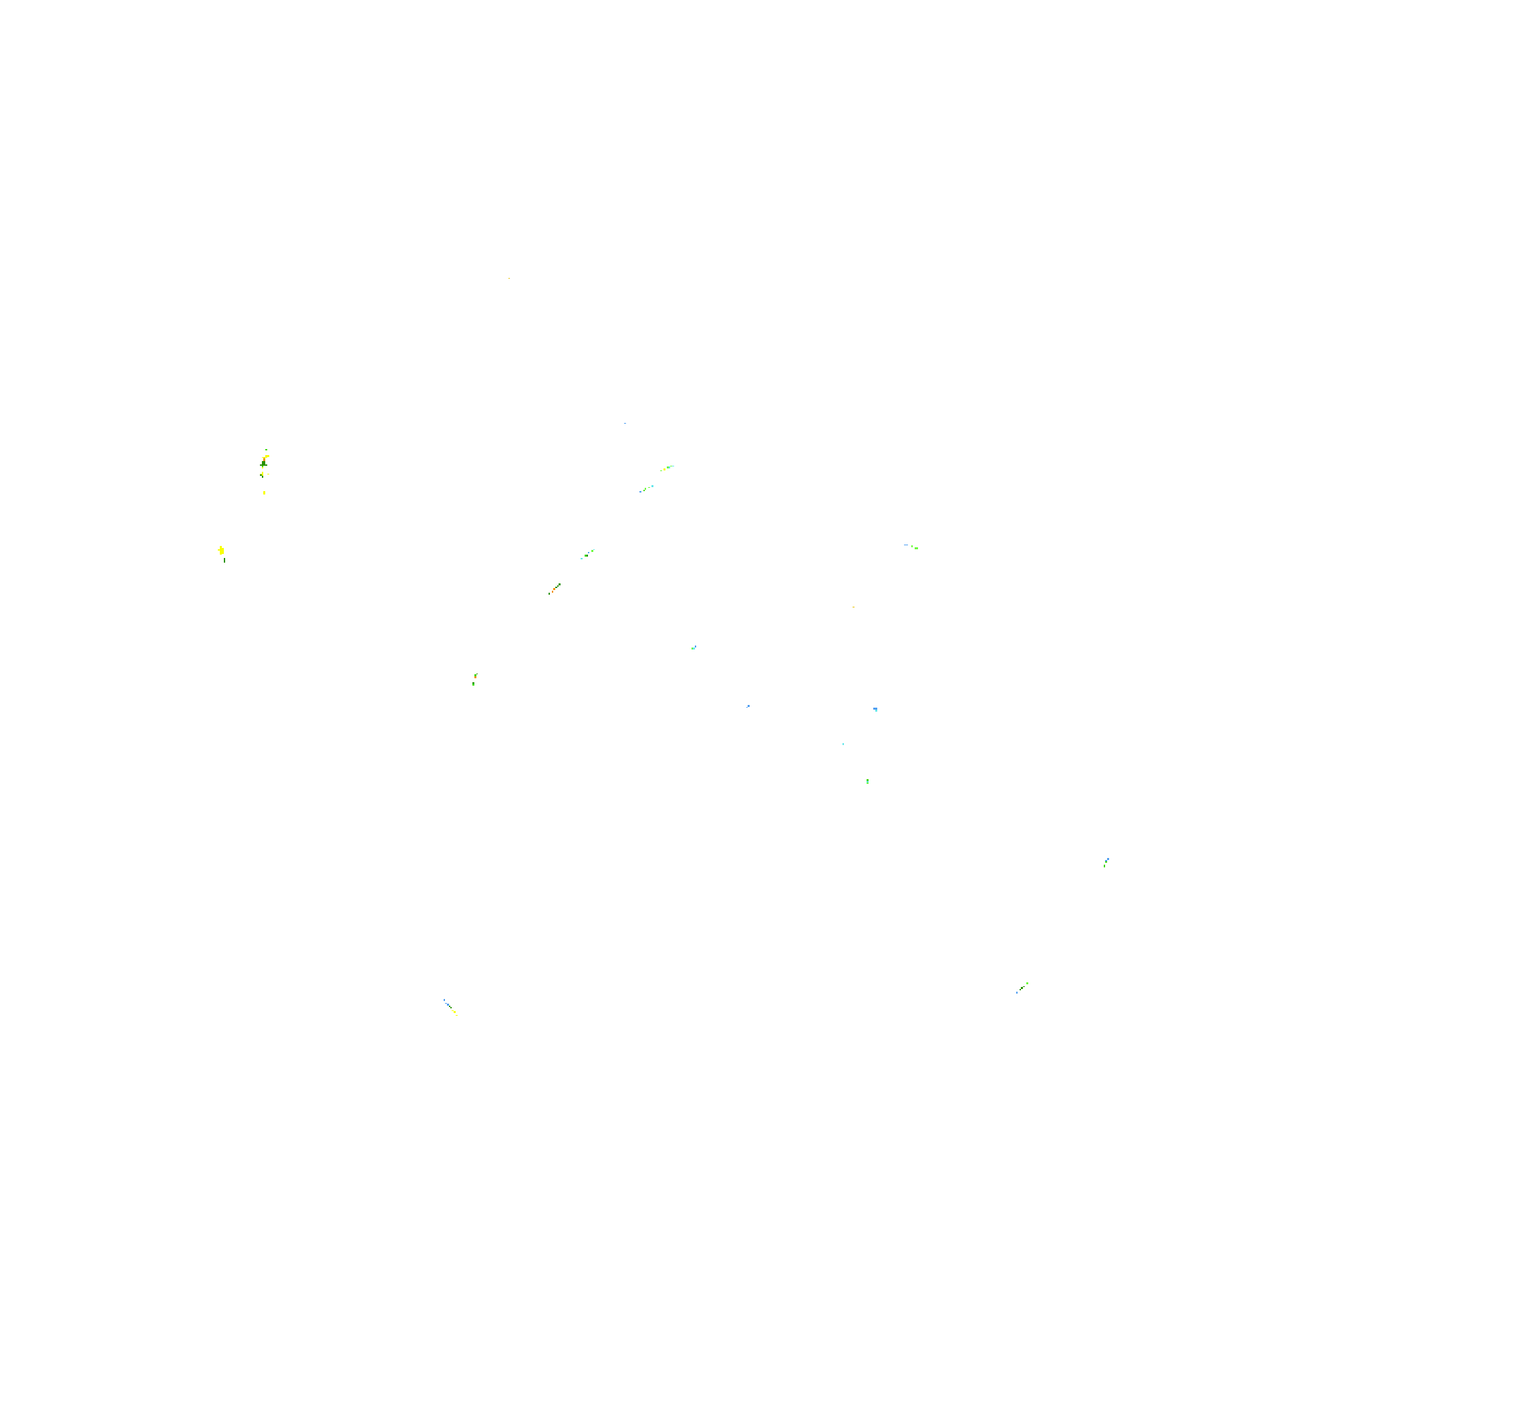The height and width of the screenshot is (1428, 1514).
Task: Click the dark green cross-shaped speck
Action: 263,464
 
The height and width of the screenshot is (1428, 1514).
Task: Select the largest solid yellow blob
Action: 221,550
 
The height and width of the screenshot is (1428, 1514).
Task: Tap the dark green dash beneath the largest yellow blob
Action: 224,561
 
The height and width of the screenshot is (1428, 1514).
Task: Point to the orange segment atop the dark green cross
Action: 265,458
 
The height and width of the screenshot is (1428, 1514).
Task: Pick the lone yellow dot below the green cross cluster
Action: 265,492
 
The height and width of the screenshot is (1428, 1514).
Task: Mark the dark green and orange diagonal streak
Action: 555,589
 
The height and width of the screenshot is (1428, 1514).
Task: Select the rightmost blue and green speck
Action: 1106,862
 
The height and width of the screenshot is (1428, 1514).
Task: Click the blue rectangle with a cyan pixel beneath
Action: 875,709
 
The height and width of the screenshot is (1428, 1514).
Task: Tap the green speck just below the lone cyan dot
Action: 867,781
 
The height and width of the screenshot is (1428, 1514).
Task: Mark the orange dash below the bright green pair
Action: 853,607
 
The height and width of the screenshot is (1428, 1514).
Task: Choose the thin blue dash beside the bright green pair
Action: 905,545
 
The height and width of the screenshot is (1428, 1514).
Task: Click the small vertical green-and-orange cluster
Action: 474,679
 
